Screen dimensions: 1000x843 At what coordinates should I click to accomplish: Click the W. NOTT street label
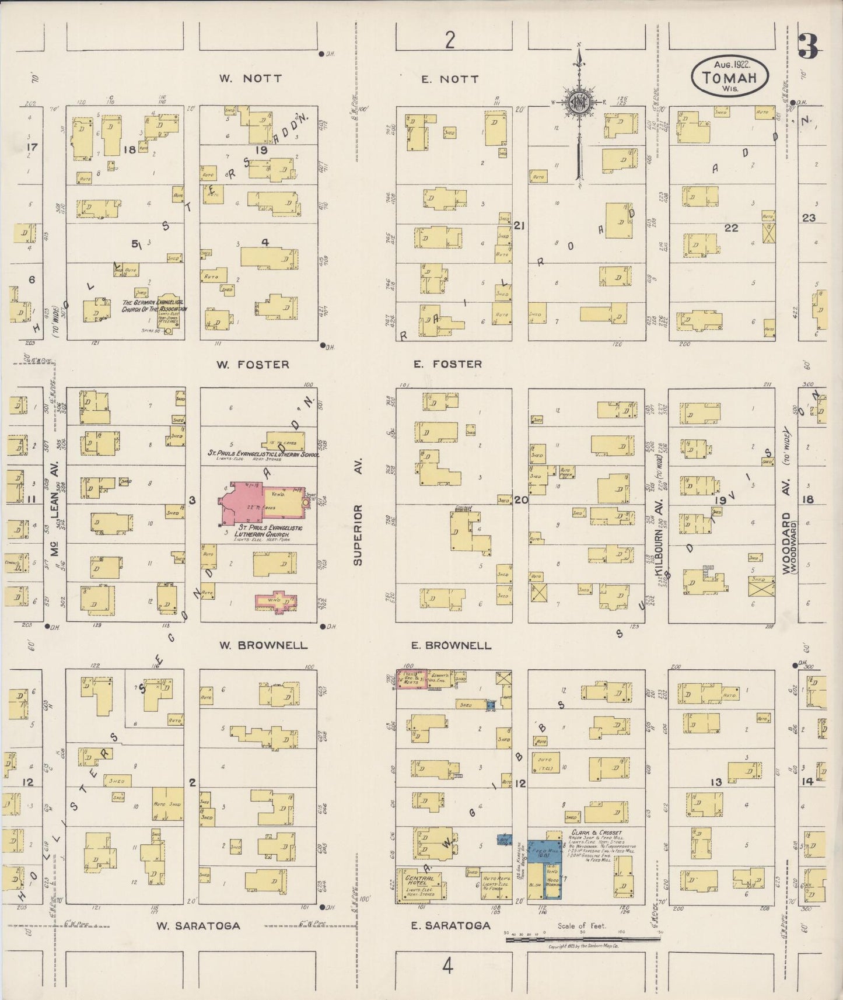coord(250,78)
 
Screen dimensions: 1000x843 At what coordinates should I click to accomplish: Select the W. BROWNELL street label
coord(263,645)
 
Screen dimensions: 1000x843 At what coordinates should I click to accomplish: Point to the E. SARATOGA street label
coord(450,925)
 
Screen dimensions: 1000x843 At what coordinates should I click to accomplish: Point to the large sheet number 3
coord(808,46)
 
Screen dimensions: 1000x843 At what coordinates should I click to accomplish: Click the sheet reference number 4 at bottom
coord(447,967)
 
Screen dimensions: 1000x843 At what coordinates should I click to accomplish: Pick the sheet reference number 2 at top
coord(449,40)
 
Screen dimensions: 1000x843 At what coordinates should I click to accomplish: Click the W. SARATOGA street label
coord(198,925)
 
